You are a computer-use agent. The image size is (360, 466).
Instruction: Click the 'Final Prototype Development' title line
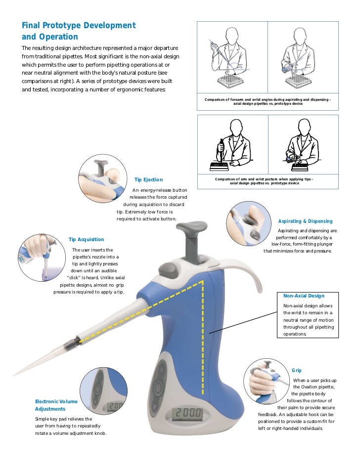(x=78, y=25)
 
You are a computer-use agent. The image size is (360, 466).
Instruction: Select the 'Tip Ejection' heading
(x=148, y=179)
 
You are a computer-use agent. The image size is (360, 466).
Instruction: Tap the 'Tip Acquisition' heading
(x=86, y=239)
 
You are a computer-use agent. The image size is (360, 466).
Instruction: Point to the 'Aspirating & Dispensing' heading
(x=305, y=221)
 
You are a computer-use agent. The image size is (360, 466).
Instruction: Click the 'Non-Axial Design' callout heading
(x=304, y=296)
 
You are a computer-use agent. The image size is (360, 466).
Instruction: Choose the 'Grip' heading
(x=297, y=370)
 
